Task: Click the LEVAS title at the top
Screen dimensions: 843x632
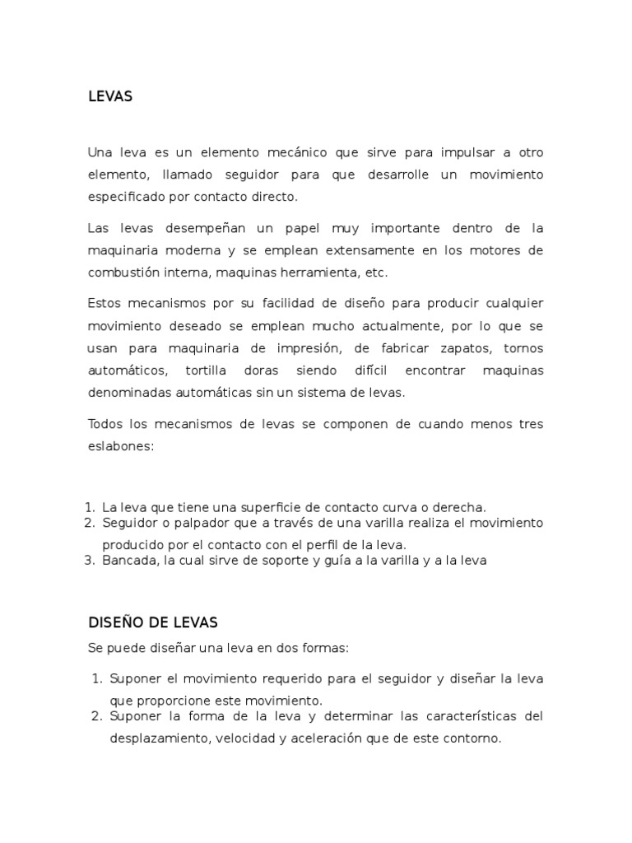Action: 109,97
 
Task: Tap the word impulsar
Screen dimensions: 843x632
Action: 457,152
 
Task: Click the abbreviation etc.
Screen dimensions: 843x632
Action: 375,272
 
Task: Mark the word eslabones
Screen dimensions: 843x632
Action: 118,446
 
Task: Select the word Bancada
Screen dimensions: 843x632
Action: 128,561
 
